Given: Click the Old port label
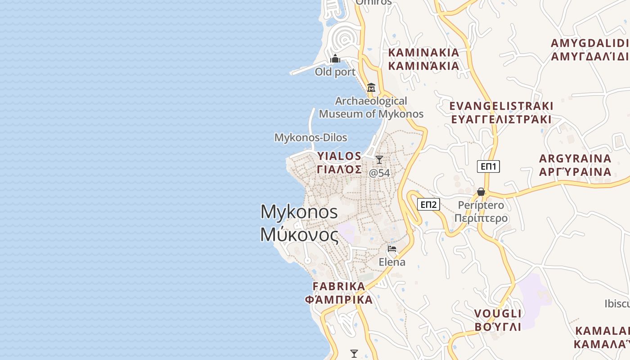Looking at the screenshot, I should (x=335, y=72).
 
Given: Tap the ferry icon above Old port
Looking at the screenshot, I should (x=335, y=58).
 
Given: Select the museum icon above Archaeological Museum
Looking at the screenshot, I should (x=371, y=87).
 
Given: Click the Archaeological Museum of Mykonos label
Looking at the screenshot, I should (x=371, y=107).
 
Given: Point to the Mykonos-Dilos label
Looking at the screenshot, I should (x=310, y=137).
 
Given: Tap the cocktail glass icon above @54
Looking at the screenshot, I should (x=379, y=160).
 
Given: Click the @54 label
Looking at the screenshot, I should (x=379, y=173).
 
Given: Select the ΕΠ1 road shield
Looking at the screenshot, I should (x=488, y=166).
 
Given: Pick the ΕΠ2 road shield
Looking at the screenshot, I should (x=428, y=205).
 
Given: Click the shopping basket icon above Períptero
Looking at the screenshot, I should (x=481, y=192).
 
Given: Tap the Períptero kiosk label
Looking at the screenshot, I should (x=481, y=212).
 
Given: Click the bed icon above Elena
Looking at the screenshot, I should (x=392, y=248).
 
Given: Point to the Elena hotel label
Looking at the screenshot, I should (x=392, y=262).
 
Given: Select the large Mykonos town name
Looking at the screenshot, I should (x=299, y=223).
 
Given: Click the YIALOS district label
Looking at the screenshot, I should (x=339, y=162).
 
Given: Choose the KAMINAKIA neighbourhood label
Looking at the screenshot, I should (x=423, y=59).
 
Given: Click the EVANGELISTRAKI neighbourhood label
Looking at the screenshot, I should (x=501, y=112).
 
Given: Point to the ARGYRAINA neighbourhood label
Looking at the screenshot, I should (x=575, y=165).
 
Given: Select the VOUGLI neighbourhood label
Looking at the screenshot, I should (x=498, y=320).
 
